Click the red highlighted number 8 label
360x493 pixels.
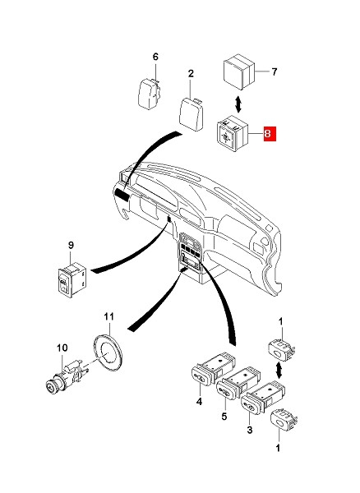(270, 134)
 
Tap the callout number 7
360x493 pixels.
(275, 72)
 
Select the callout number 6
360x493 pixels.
(155, 57)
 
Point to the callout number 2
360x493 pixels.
(191, 74)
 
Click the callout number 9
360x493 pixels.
(71, 245)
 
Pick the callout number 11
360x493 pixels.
(108, 316)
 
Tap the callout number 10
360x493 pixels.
(62, 348)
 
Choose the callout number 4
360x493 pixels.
(200, 402)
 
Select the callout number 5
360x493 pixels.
(224, 417)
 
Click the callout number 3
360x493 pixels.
(250, 430)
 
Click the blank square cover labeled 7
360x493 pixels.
(238, 72)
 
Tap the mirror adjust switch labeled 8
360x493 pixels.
(233, 134)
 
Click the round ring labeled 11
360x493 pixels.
(108, 352)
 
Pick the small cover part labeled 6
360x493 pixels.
(150, 94)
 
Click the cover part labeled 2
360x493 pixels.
(191, 114)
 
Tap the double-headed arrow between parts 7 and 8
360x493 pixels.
(238, 104)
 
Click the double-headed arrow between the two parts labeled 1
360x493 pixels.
(279, 371)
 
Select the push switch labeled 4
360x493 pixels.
(213, 368)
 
